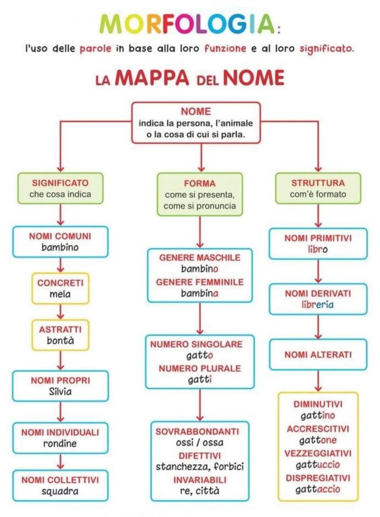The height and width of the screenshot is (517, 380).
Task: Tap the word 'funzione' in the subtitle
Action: pos(225,48)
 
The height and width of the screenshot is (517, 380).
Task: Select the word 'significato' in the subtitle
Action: pos(326,48)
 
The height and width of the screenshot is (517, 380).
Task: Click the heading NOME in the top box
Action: pos(196,111)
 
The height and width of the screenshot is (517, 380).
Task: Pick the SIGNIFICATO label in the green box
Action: pos(60,183)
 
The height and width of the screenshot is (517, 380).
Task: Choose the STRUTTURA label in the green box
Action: pos(318,183)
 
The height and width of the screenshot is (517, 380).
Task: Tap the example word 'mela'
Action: pos(60,294)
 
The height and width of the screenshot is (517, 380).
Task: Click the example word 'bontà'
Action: pos(60,341)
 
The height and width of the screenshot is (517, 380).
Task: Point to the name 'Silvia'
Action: pos(60,391)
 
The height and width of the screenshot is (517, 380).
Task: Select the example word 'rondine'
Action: pos(60,443)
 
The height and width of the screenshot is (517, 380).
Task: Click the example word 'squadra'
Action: pos(60,491)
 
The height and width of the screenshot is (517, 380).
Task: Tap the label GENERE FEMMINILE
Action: pos(200,282)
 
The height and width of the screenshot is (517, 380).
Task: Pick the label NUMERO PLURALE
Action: pos(200,368)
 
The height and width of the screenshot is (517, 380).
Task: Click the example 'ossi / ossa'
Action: pos(200,442)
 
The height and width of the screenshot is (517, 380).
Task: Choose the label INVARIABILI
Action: pos(200,480)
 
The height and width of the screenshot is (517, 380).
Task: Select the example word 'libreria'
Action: pos(318,305)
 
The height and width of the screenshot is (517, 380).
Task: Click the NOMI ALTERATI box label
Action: pos(318,355)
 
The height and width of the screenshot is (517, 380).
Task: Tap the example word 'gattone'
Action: pos(318,440)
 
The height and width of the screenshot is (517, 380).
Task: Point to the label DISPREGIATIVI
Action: pos(318,478)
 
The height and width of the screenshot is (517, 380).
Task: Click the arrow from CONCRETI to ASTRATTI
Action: pos(61,312)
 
